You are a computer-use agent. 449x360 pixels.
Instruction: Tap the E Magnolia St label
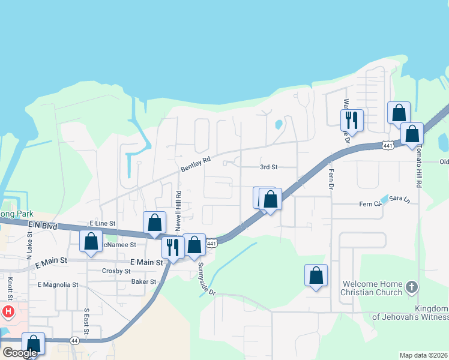point(58,284)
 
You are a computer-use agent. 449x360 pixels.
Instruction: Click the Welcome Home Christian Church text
point(372,288)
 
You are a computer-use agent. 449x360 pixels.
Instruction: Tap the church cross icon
point(411,287)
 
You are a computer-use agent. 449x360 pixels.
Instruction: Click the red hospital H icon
point(8,311)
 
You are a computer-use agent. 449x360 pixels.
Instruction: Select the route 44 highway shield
point(74,340)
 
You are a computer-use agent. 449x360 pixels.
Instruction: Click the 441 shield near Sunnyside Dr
point(211,243)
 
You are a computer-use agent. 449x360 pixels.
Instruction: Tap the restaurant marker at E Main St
point(173,247)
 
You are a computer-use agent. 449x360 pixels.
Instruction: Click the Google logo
point(20,352)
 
